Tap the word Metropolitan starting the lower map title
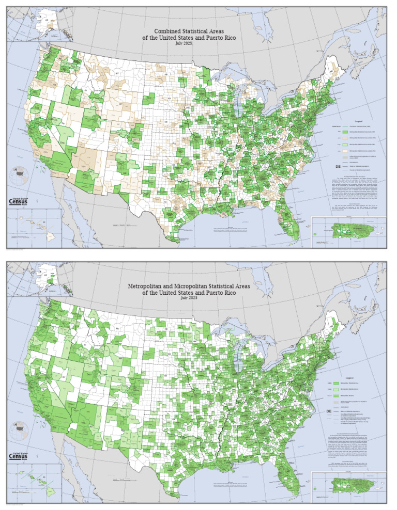coord(150,285)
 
